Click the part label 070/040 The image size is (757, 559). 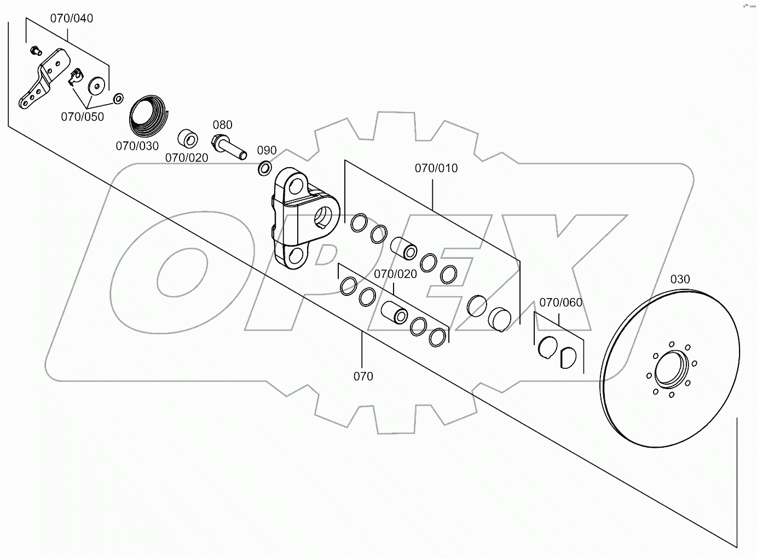(72, 18)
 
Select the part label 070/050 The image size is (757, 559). (82, 117)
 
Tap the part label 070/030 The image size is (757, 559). (137, 146)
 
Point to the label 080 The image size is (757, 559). (223, 125)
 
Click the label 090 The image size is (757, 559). (267, 151)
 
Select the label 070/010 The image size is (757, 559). (436, 168)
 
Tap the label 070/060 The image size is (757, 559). (560, 303)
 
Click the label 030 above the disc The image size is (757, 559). (680, 279)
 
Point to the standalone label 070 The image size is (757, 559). (363, 376)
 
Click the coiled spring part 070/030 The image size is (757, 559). (149, 116)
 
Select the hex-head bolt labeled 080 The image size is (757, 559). (228, 147)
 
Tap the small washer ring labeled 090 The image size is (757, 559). (264, 168)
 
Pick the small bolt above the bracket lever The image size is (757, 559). (36, 51)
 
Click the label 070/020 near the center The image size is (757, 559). (395, 273)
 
